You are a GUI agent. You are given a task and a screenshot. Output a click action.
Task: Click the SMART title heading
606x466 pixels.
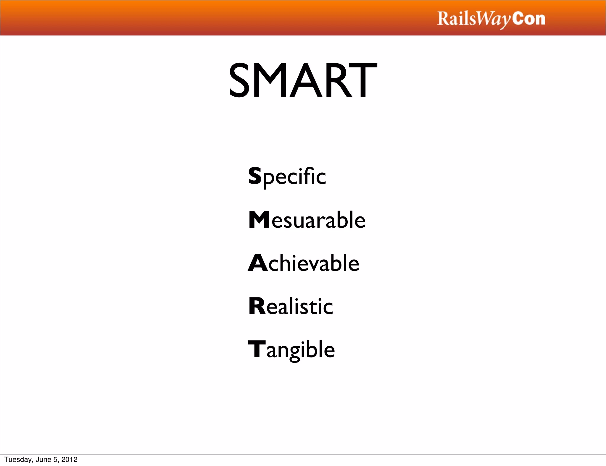pos(303,80)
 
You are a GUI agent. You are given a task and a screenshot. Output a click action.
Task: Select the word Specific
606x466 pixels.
pos(287,176)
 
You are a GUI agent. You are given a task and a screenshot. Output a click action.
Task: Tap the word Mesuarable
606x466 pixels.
pos(307,220)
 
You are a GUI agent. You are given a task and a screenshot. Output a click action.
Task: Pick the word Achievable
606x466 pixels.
pos(304,263)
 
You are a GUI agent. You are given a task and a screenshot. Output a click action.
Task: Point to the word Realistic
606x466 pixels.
pos(291,306)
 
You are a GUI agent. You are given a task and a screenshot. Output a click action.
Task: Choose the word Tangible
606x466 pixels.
pos(291,350)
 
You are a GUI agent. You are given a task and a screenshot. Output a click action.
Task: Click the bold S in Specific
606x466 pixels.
pos(255,176)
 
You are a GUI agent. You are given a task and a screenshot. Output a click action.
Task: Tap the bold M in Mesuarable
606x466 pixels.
pos(259,220)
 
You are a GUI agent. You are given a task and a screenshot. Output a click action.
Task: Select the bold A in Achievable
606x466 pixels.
pos(257,263)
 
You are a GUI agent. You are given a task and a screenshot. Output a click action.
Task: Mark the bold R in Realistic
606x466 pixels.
pos(257,306)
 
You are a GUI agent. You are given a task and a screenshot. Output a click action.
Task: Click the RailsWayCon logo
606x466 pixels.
pos(491,19)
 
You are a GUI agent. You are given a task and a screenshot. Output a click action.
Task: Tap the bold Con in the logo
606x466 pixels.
pos(529,19)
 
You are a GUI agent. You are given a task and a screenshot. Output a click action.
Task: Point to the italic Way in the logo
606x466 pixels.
pos(494,20)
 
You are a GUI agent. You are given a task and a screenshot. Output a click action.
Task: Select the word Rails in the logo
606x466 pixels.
pos(457,19)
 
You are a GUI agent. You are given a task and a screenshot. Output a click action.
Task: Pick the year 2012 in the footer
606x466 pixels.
pos(69,459)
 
